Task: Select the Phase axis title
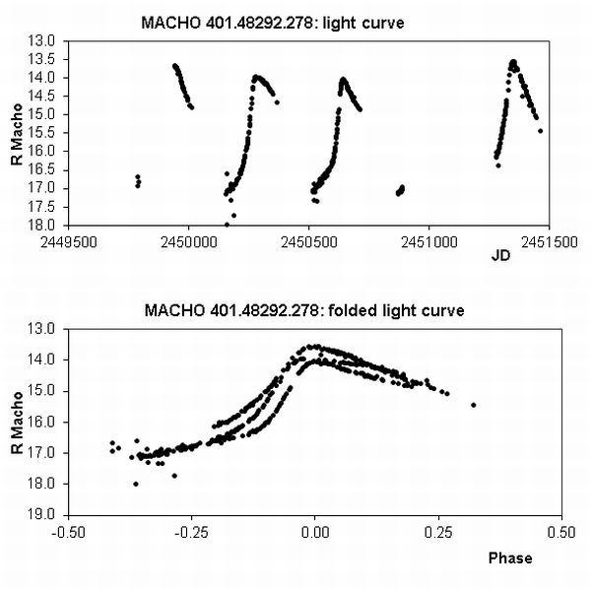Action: (509, 558)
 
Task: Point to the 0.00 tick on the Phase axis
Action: (315, 530)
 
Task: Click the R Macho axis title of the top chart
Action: (17, 133)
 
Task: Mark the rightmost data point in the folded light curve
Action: (474, 405)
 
